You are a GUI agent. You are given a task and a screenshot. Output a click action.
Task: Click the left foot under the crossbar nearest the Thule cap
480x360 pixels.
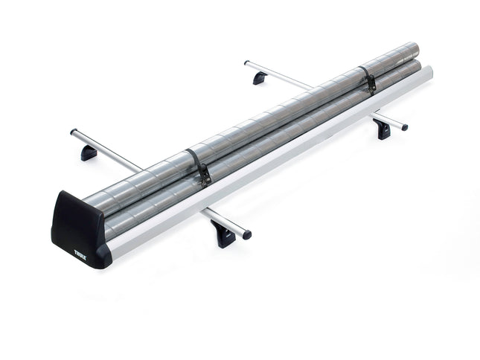[x=89, y=152]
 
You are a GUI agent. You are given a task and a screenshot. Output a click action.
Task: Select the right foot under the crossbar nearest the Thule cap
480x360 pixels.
[x=223, y=236]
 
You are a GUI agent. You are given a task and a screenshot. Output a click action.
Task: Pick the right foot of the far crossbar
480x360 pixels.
[x=383, y=129]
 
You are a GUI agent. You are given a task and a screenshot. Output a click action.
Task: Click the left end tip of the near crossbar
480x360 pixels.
[x=74, y=132]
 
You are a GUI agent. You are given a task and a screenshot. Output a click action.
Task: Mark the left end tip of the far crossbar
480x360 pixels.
[x=246, y=64]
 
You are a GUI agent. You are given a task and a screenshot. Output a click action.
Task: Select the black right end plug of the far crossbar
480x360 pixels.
[x=405, y=126]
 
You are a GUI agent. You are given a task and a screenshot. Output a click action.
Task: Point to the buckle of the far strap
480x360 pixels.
[x=370, y=83]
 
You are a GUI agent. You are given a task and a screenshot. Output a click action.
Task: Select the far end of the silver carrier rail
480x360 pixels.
[x=429, y=72]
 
